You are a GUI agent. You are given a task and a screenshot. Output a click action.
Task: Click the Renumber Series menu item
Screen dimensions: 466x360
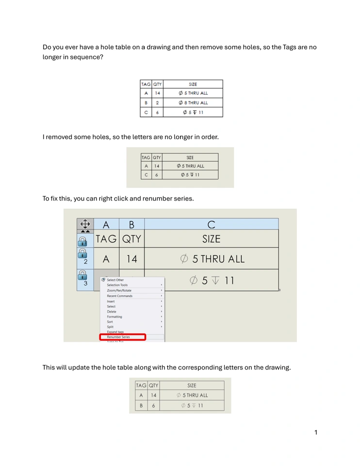click(x=118, y=337)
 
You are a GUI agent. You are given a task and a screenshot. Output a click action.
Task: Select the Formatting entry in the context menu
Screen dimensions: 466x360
click(x=115, y=316)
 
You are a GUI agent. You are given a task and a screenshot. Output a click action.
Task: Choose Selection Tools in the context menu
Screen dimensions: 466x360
click(x=117, y=285)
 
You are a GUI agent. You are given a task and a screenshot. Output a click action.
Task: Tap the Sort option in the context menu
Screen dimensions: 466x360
click(x=110, y=321)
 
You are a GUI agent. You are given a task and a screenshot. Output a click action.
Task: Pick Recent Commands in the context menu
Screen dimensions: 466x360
click(x=119, y=296)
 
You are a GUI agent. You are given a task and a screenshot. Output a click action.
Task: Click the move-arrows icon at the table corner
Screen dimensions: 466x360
click(x=85, y=224)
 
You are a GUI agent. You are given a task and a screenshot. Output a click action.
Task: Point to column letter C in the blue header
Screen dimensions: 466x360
click(x=211, y=224)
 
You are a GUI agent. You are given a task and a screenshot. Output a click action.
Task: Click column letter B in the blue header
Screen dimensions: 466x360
click(x=131, y=224)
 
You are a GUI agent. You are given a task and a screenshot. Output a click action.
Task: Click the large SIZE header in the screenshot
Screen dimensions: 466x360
click(x=211, y=239)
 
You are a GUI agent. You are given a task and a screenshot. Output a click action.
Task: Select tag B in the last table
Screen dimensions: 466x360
click(x=141, y=405)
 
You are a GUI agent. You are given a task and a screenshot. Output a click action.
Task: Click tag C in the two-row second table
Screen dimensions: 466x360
click(x=146, y=175)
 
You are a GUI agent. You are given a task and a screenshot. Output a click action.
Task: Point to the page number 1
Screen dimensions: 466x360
click(x=315, y=433)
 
